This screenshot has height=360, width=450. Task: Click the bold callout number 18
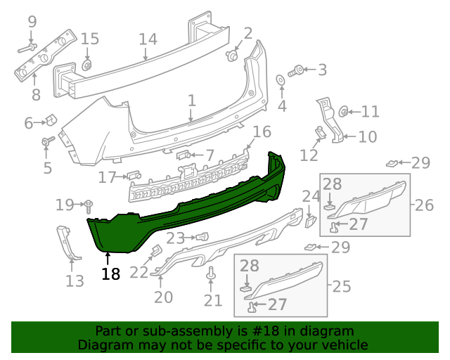pos(110,274)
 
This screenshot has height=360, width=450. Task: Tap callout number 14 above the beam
pos(148,39)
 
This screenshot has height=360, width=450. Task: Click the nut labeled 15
pos(87,65)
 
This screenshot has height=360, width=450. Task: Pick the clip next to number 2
pos(231,54)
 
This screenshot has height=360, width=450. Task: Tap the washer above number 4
pos(281,79)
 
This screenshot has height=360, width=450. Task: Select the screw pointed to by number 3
pos(297,70)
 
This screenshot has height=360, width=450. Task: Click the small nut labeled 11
pos(344,110)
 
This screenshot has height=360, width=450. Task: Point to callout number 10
pos(368,137)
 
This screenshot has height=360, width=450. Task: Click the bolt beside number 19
pos(89,205)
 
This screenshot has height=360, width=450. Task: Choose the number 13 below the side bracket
pos(75,282)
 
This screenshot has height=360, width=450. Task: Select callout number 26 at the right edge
pos(424,205)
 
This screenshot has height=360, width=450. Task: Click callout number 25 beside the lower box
pos(341,286)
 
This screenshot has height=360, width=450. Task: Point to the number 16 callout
pos(261,131)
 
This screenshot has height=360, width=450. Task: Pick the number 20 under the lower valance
pos(163,297)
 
